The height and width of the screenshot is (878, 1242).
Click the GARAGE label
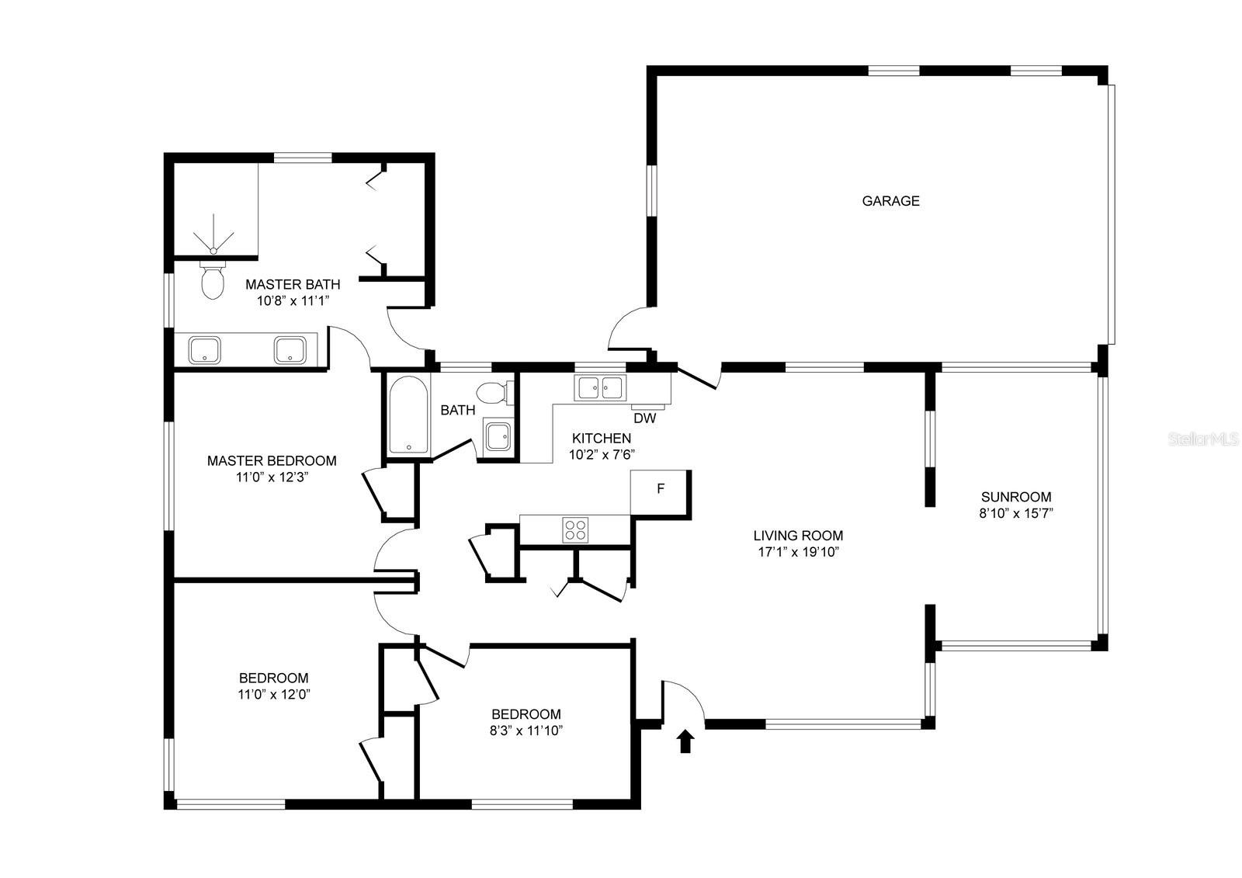pos(890,201)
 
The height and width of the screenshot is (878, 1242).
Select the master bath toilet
pos(212,281)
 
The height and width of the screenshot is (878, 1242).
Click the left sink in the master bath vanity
pos(205,350)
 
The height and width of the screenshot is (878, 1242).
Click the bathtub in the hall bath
pos(408,415)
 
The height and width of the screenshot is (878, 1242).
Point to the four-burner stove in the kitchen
pos(575,529)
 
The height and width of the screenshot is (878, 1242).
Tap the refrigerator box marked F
pos(661,489)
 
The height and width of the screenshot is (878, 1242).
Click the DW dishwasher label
pos(644,418)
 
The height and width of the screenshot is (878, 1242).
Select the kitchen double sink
pos(599,387)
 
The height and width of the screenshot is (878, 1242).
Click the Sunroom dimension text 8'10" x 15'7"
pos(1015,513)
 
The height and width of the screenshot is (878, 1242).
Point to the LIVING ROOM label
pos(798,536)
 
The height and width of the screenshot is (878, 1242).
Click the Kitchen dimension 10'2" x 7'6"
pos(602,455)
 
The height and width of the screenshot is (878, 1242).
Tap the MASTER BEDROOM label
pos(272,461)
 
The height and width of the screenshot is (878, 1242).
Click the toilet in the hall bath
pos(492,393)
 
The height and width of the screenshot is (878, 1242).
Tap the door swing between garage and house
pos(629,330)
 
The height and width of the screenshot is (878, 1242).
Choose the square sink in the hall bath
pos(497,437)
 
